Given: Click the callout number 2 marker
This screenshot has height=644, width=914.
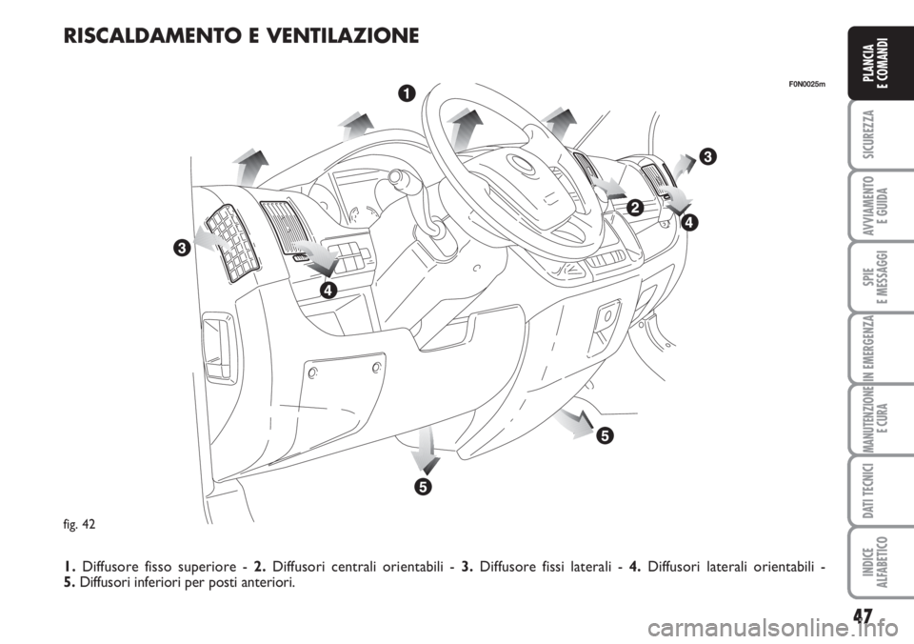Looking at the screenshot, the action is [635, 207].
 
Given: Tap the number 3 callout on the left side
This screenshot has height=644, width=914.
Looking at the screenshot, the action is [181, 248].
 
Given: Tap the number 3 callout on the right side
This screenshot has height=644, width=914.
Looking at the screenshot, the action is [707, 156].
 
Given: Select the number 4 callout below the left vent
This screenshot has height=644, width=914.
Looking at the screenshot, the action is [328, 290].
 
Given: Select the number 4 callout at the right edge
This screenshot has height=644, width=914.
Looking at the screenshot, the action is [690, 222].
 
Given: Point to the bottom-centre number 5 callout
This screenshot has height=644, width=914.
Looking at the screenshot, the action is [424, 486].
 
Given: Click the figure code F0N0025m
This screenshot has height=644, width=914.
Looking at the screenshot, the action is [807, 84].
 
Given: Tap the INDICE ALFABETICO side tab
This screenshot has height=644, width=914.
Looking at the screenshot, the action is [880, 562].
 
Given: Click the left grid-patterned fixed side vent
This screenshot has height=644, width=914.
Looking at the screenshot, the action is [232, 244].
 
